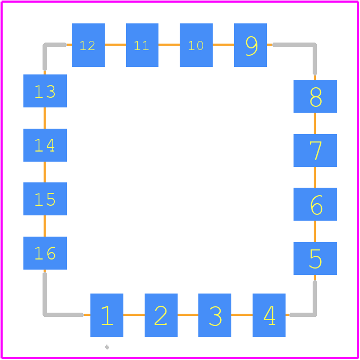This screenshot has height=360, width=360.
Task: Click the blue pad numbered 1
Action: [x=107, y=315]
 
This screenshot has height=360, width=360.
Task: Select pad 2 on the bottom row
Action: [x=161, y=315]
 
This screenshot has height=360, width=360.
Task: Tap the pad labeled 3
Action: [x=215, y=315]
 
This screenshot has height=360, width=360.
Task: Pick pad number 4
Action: [x=269, y=315]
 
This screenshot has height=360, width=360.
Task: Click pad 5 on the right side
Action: [x=315, y=258]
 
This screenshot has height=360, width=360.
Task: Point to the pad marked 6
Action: [x=315, y=204]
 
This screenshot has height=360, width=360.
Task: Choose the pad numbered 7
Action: [x=315, y=150]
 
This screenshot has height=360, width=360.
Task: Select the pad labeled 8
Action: [x=315, y=96]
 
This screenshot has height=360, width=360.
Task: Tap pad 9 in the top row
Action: [x=250, y=45]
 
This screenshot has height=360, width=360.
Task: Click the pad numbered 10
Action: [x=196, y=45]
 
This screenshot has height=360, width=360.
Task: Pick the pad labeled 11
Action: [x=142, y=45]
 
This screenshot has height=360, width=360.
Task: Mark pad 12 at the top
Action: [x=88, y=45]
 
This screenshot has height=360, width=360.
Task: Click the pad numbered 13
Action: [x=45, y=91]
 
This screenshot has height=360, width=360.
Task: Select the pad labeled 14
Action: [x=45, y=145]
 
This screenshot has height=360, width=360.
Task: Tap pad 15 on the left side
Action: [x=45, y=199]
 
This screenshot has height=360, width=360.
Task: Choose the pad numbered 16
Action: [x=45, y=253]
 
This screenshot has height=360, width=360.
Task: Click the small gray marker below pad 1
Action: [x=107, y=347]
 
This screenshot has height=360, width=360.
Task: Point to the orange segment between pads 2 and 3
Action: [x=188, y=315]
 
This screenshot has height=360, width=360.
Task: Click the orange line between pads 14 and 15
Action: [x=45, y=172]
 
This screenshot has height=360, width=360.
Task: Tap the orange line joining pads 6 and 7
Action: [x=315, y=177]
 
